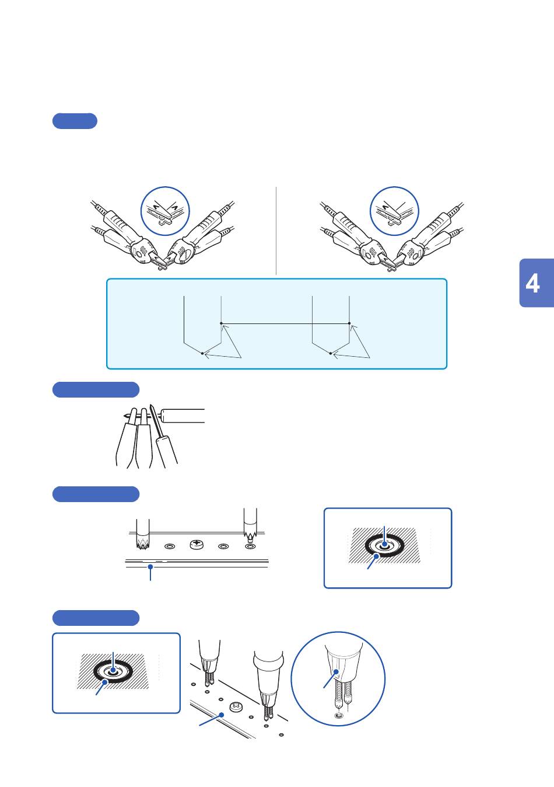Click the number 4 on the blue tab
click(x=532, y=284)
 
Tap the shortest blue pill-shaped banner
click(x=75, y=121)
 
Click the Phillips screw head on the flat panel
click(x=197, y=545)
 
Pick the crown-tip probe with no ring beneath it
click(x=143, y=534)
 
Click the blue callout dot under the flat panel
click(x=150, y=567)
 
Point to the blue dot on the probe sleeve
click(x=336, y=672)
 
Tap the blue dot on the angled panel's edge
click(x=222, y=714)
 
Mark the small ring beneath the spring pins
click(x=339, y=715)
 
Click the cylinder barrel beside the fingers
click(x=183, y=416)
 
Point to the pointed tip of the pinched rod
click(x=125, y=416)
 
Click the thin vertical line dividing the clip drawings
click(x=276, y=231)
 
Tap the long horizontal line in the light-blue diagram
click(x=285, y=323)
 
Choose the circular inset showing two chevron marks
click(x=165, y=211)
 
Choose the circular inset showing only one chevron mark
click(x=394, y=211)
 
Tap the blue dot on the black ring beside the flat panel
click(x=377, y=556)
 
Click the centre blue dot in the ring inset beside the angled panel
click(x=113, y=670)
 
